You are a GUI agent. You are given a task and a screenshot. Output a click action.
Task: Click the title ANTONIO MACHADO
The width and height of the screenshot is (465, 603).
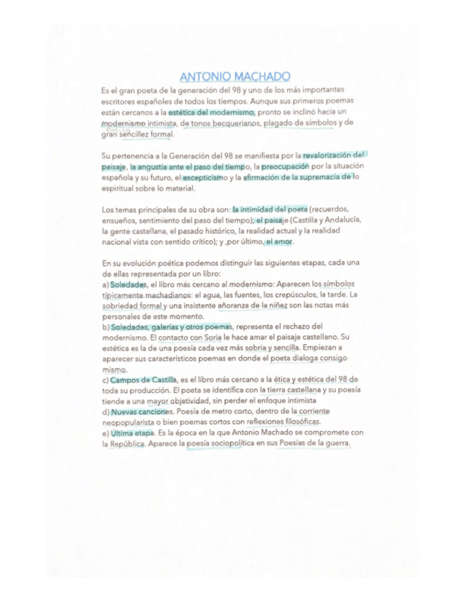[x=235, y=77]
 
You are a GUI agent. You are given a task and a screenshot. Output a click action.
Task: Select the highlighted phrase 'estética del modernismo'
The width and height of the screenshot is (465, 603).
[x=211, y=112]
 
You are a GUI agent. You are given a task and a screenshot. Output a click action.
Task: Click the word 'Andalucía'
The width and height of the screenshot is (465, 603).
[x=339, y=220]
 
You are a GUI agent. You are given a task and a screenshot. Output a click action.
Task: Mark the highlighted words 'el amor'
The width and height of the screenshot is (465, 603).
[x=279, y=242]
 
